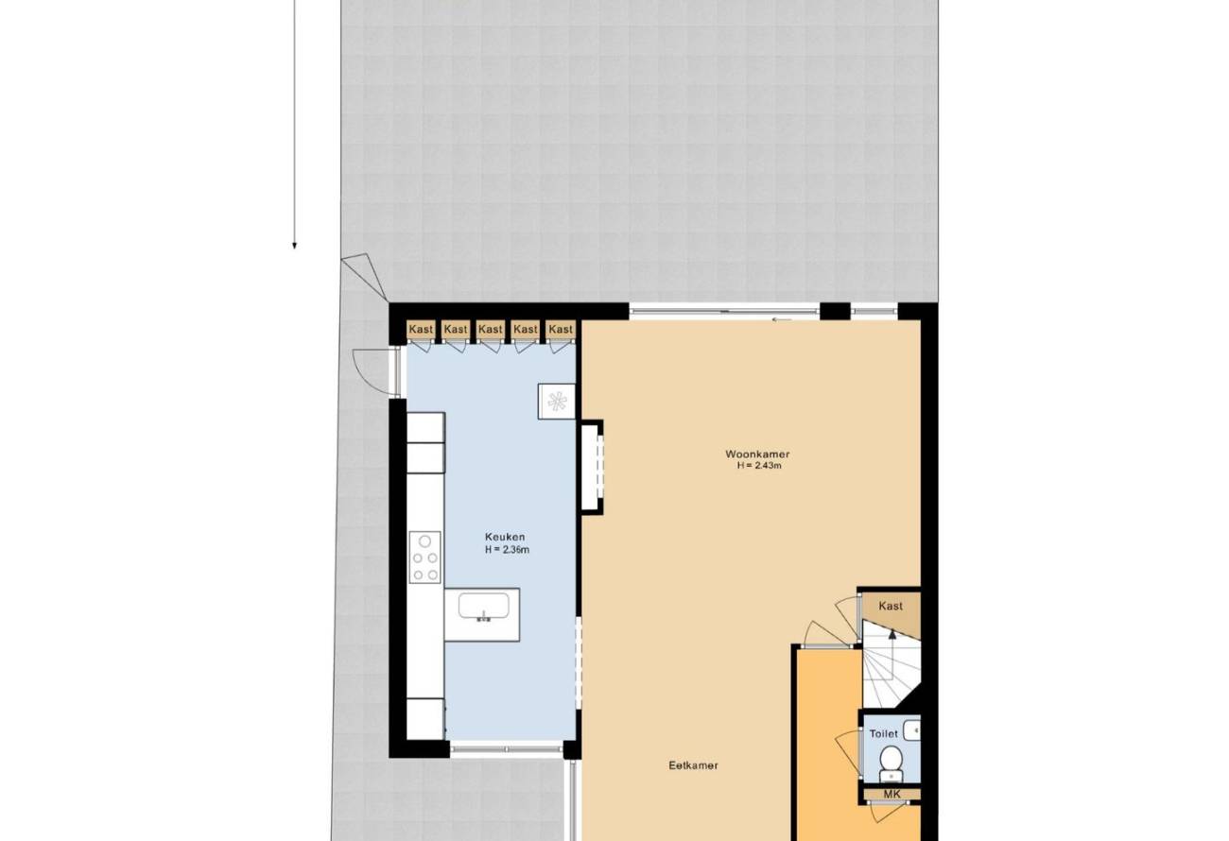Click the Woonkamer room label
pyautogui.click(x=757, y=454)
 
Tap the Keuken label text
pyautogui.click(x=505, y=537)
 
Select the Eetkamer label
pyautogui.click(x=693, y=765)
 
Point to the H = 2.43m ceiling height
pyautogui.click(x=759, y=466)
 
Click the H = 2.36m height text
pyautogui.click(x=507, y=549)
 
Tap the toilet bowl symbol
pyautogui.click(x=891, y=762)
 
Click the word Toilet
pyautogui.click(x=883, y=733)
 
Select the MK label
pyautogui.click(x=891, y=794)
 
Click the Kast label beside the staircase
pyautogui.click(x=891, y=606)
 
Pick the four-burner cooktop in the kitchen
pyautogui.click(x=424, y=557)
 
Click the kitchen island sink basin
pyautogui.click(x=483, y=606)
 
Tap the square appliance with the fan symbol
pyautogui.click(x=556, y=402)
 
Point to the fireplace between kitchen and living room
pyautogui.click(x=593, y=467)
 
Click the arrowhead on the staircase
pyautogui.click(x=892, y=634)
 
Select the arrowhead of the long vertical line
pyautogui.click(x=295, y=246)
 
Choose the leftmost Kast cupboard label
pyautogui.click(x=421, y=329)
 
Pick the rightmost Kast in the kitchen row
pyautogui.click(x=561, y=329)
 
